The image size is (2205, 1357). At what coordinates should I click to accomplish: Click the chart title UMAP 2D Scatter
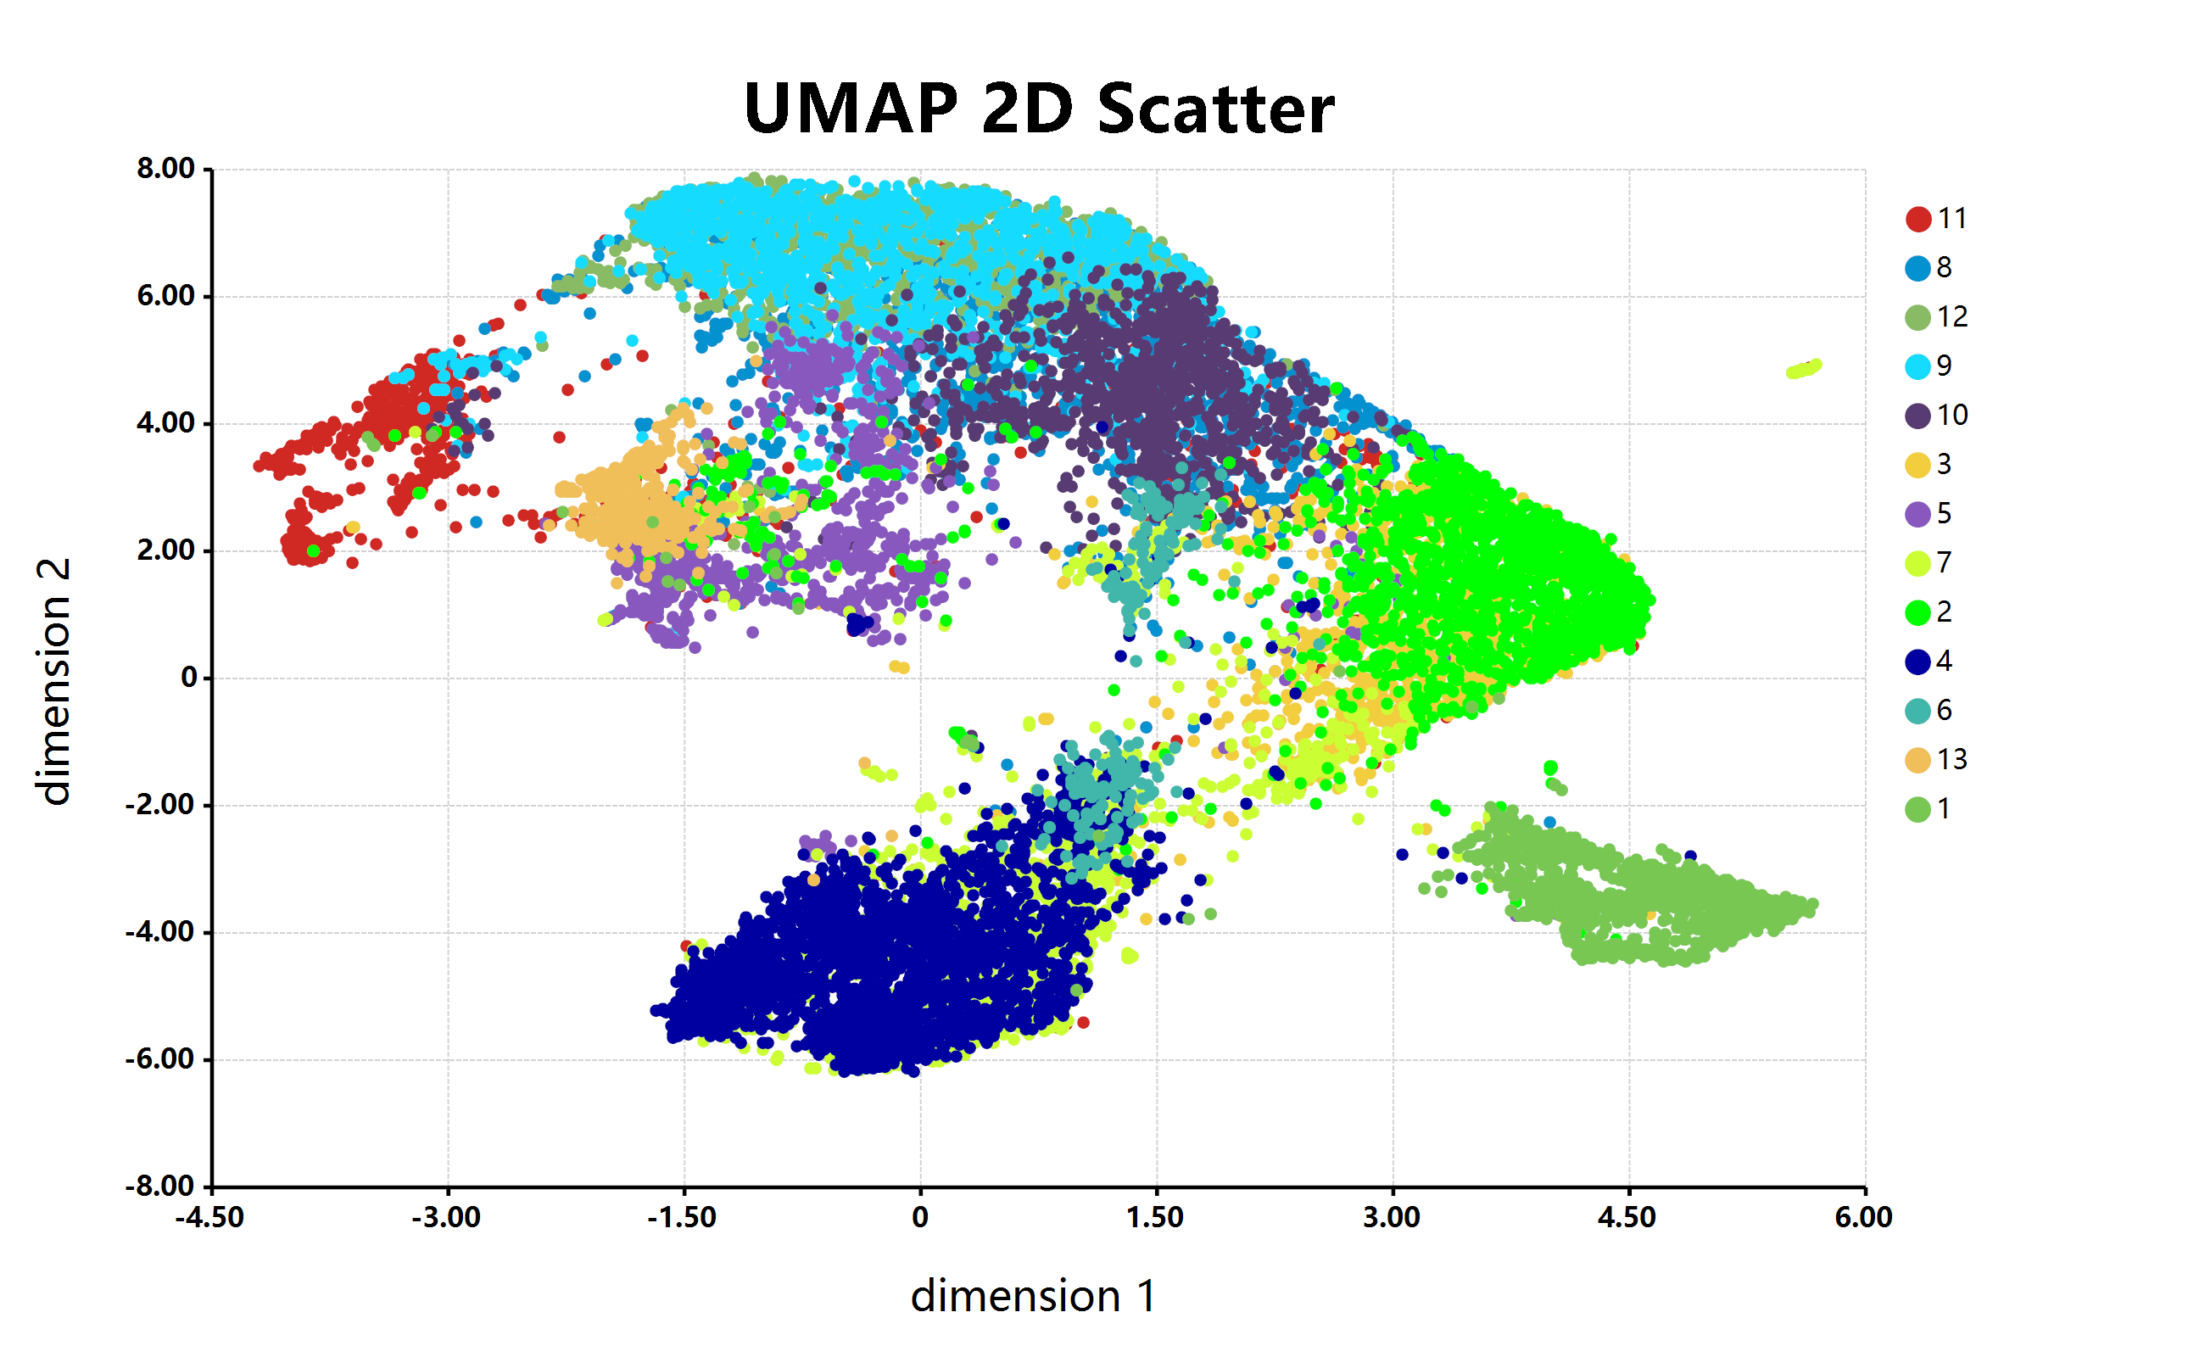pos(1038,109)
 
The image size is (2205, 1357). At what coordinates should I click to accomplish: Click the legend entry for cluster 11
pos(1936,219)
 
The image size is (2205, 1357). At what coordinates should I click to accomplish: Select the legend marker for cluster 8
pos(1917,268)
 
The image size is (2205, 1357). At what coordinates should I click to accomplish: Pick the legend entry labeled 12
pos(1936,317)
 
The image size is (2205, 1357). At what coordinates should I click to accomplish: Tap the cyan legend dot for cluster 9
pos(1917,366)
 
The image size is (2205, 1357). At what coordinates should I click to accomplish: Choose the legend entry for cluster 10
pos(1936,416)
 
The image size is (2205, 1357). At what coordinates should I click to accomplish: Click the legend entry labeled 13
pos(1936,760)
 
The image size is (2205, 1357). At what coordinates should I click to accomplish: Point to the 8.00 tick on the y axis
pos(166,169)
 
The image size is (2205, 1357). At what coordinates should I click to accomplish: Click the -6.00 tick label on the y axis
pos(160,1059)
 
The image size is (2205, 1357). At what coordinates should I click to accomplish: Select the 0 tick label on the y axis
pos(188,678)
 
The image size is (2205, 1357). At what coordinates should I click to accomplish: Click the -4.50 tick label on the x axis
pos(210,1218)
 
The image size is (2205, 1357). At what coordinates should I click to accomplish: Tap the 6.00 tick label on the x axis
pos(1864,1218)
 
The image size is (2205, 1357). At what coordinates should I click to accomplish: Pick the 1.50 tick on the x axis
pos(1155,1218)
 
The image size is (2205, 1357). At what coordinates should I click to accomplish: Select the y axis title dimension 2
pos(53,681)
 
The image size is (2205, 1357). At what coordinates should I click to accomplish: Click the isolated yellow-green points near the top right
pos(1804,369)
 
